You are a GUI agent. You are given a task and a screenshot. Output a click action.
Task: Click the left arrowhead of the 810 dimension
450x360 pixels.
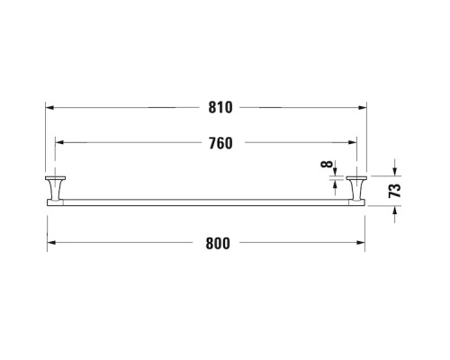coord(50,108)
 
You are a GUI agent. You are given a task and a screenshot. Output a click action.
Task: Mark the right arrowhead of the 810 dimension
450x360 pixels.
coord(363,108)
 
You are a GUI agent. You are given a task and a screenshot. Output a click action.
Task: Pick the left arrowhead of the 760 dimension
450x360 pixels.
coord(59,142)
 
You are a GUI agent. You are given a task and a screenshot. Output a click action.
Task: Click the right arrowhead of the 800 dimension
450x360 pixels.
coord(361,243)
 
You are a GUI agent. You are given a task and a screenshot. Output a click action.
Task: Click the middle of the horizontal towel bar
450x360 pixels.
coord(206,201)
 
